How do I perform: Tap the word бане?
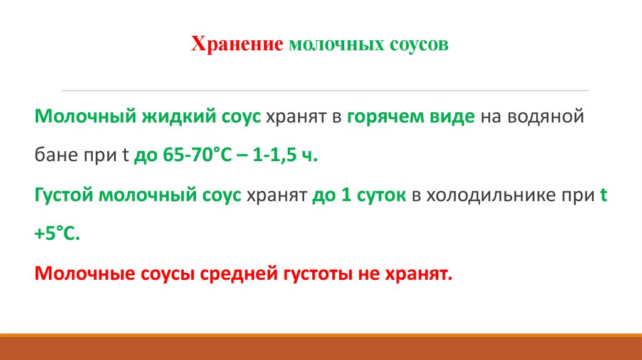click(x=55, y=156)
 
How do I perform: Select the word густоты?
click(x=318, y=273)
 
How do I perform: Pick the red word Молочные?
click(x=75, y=273)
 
